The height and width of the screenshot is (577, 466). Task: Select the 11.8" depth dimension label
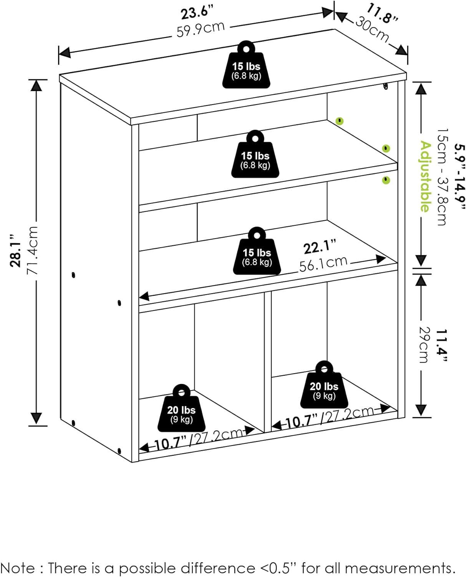pos(383,13)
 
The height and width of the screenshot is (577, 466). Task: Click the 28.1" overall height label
pos(16,250)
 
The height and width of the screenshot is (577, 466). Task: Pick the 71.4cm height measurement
pos(32,250)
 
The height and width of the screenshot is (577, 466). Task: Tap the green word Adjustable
pos(425,176)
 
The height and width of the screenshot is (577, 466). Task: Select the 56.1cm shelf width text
pos(323,263)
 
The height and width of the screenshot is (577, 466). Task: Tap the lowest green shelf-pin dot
pos(386,180)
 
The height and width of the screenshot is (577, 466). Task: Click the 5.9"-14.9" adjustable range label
pos(459,176)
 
